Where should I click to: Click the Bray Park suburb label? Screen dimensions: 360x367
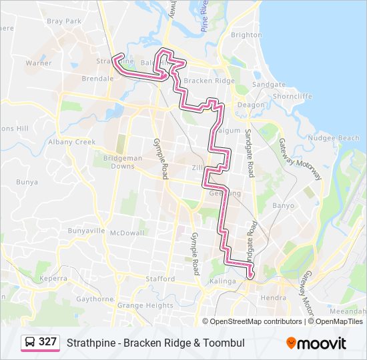point(64,21)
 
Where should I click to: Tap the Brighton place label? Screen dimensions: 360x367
point(246,35)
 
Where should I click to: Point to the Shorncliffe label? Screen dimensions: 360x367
point(292,96)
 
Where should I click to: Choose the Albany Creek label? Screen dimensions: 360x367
point(76,142)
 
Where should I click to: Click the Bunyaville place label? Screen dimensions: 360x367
point(86,231)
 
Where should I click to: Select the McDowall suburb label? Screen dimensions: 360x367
point(127,233)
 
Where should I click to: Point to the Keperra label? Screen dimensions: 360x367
point(53,278)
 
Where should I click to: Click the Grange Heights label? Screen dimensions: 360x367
point(145,305)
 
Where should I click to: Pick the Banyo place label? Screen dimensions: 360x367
point(283,205)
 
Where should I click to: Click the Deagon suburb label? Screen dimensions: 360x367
point(251,105)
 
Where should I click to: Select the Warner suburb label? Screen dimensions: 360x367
point(39,63)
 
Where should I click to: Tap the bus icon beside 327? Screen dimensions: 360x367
point(31,342)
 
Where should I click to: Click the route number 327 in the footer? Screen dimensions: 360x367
point(47,342)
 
